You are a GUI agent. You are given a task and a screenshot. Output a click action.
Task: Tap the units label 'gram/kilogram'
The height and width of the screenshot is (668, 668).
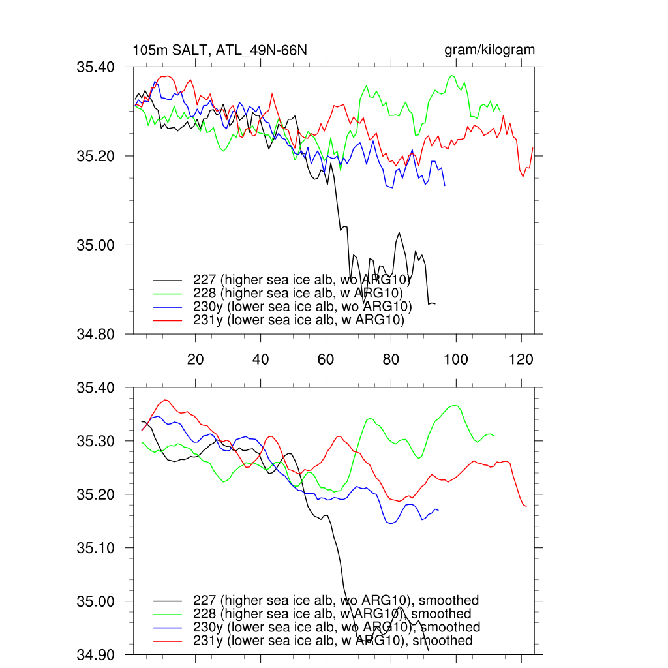pos(489,50)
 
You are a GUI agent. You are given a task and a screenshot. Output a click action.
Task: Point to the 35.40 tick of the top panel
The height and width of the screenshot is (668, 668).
pos(96,67)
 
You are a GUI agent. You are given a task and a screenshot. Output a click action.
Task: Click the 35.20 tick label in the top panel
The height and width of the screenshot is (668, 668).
pos(96,157)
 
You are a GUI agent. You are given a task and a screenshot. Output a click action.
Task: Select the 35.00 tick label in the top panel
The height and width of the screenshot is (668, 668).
pos(96,245)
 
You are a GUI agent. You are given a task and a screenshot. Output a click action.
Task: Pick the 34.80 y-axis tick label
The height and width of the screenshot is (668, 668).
pos(96,335)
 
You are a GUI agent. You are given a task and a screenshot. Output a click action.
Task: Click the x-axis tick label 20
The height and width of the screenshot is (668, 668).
pos(195,359)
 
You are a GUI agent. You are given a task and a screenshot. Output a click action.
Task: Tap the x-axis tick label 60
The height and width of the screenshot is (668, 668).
pos(326,359)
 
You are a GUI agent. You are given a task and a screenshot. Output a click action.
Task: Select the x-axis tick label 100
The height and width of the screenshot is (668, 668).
pos(455,359)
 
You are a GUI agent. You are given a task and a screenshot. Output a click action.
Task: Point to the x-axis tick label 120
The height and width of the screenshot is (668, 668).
pos(521,359)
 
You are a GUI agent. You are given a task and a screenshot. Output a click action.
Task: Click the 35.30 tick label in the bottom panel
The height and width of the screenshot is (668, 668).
pos(96,441)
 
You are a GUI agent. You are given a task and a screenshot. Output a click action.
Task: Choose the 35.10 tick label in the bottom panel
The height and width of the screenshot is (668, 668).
pos(96,548)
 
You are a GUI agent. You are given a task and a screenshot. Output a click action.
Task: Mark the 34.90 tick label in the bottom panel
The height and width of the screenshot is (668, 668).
pos(96,654)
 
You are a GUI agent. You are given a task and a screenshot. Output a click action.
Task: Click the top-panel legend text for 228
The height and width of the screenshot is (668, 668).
pos(301,294)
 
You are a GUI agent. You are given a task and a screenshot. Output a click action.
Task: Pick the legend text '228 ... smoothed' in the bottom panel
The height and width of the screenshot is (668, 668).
pos(332,614)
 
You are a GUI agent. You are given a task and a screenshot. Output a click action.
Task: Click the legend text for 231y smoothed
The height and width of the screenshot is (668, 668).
pos(333,641)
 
